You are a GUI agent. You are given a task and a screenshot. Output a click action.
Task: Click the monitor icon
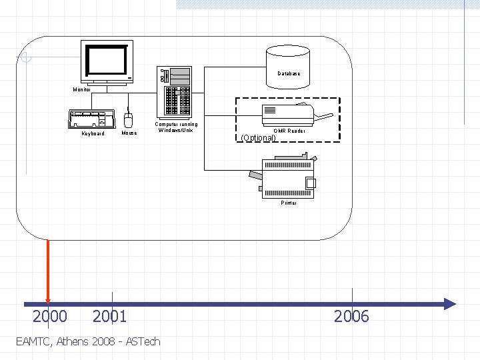107,62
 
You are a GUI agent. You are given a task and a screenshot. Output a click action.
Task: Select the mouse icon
129,120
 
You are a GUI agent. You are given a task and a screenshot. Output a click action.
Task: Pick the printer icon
287,175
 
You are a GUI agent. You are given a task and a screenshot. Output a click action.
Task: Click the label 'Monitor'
82,89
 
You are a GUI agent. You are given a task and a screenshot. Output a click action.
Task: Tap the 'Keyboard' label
93,133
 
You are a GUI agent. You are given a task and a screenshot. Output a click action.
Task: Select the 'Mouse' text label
129,133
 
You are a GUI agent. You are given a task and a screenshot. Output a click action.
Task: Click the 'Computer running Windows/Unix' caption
176,127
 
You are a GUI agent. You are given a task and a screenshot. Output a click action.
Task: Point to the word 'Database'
289,73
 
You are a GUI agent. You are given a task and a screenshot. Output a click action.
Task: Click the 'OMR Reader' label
290,131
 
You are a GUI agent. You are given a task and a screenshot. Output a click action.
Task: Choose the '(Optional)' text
258,138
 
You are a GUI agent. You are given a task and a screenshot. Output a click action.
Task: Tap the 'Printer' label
289,203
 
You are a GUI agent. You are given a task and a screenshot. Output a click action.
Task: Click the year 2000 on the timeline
50,316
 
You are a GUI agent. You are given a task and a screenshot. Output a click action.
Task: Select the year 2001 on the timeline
109,316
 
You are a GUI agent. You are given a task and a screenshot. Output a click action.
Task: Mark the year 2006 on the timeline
351,316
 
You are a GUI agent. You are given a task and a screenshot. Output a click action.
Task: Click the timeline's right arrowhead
450,304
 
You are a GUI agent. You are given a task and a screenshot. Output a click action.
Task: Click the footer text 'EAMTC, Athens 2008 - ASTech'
87,341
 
